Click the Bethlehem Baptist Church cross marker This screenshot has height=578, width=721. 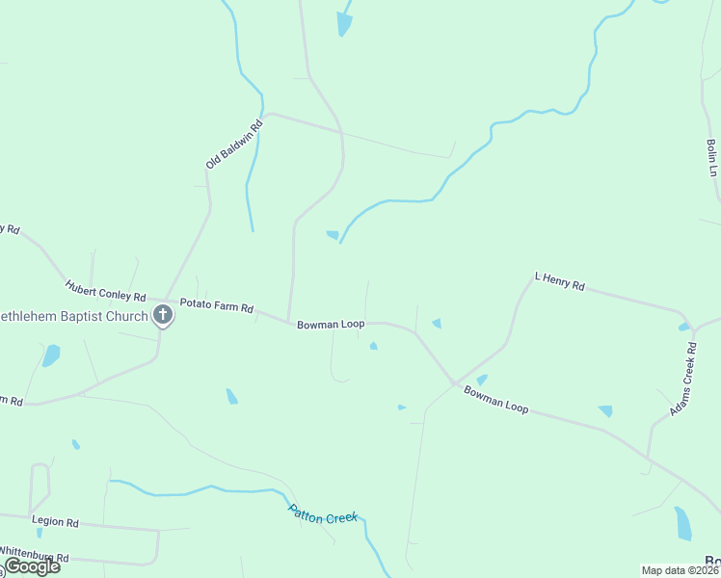(x=163, y=314)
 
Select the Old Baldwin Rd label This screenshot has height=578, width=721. (x=234, y=144)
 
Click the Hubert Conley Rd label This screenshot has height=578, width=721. (x=105, y=290)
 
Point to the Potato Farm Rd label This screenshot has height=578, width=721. (x=216, y=306)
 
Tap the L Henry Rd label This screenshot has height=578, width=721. (x=559, y=282)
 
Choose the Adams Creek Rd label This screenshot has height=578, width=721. (x=683, y=386)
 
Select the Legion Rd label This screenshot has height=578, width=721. (x=55, y=521)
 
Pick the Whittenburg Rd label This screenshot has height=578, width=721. (x=35, y=557)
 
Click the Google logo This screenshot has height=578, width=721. (x=31, y=566)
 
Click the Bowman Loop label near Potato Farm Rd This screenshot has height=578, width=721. (x=331, y=325)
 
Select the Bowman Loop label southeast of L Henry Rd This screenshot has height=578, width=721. (x=495, y=400)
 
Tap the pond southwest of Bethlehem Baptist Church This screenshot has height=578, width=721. (x=50, y=355)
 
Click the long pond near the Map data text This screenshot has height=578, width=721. (x=682, y=523)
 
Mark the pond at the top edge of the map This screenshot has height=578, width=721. (x=344, y=23)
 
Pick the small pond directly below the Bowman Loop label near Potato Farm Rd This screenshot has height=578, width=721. (x=373, y=346)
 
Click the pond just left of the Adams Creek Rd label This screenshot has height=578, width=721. (x=604, y=410)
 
